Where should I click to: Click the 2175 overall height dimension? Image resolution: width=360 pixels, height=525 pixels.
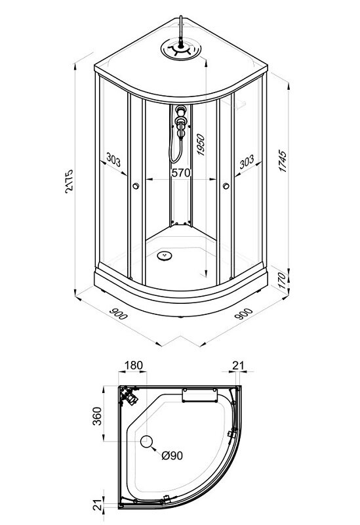pyautogui.click(x=69, y=182)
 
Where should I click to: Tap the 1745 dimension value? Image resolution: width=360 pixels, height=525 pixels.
pyautogui.click(x=283, y=161)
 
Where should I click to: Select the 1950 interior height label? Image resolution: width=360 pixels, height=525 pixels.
pyautogui.click(x=201, y=144)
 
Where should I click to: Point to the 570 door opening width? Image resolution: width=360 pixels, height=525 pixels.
pyautogui.click(x=181, y=173)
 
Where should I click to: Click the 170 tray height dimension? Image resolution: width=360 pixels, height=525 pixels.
pyautogui.click(x=282, y=281)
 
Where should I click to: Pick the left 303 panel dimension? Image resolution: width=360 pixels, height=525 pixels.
pyautogui.click(x=113, y=159)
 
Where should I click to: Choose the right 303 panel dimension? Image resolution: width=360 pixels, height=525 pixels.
pyautogui.click(x=247, y=161)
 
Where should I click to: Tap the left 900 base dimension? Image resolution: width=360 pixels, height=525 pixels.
pyautogui.click(x=119, y=314)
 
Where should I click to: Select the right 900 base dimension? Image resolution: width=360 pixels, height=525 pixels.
pyautogui.click(x=243, y=314)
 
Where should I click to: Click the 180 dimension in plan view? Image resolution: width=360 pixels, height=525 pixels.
pyautogui.click(x=134, y=366)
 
